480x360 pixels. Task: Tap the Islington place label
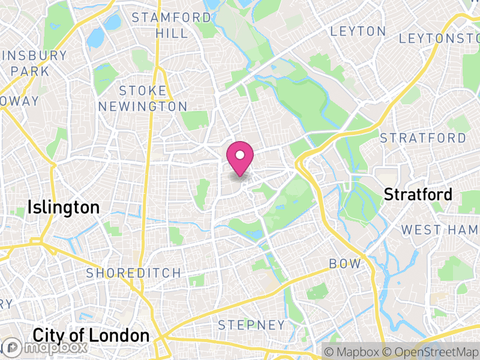(63, 208)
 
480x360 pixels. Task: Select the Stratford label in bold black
(418, 194)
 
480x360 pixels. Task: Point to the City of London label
(91, 335)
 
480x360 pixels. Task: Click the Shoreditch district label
(133, 273)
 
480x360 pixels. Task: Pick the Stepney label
(251, 325)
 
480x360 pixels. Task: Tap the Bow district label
(345, 264)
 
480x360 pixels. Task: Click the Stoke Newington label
(143, 98)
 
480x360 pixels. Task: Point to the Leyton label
(358, 31)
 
